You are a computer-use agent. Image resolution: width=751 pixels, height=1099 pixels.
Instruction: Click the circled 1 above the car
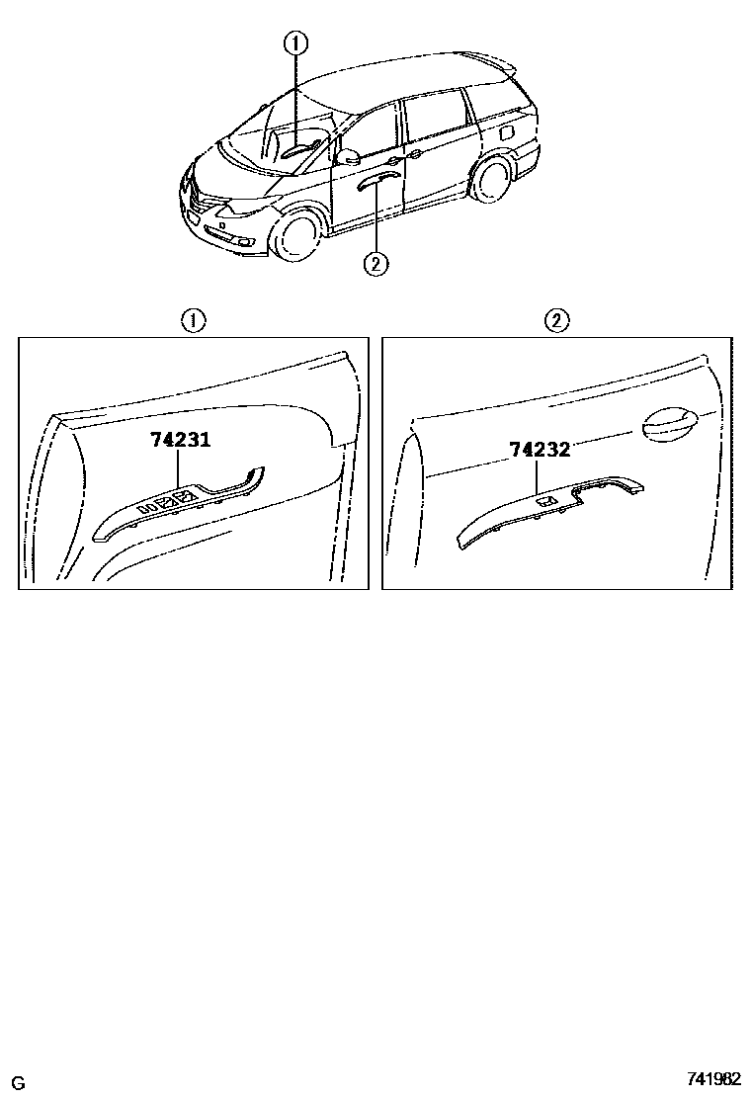(x=294, y=44)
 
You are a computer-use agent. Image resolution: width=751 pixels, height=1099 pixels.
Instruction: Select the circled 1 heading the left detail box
(x=194, y=322)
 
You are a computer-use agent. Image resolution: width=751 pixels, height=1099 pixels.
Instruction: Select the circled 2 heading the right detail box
(x=557, y=322)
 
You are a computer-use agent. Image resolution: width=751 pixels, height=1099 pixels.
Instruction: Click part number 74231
(x=180, y=440)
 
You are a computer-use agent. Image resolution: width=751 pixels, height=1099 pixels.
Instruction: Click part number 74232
(x=540, y=450)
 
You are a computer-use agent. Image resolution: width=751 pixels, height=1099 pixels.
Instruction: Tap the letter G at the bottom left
(x=19, y=1083)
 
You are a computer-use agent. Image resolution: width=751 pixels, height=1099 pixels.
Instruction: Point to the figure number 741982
(x=712, y=1080)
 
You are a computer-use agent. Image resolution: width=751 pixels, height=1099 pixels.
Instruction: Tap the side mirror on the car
(x=348, y=156)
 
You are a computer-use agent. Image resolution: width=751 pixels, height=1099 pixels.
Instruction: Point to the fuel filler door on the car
(x=506, y=132)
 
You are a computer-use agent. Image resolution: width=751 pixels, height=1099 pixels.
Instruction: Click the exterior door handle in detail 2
(x=670, y=425)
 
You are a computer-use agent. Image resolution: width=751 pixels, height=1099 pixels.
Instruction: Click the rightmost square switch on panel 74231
(x=186, y=498)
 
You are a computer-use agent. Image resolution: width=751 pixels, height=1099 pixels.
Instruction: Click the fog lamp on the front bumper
(x=247, y=243)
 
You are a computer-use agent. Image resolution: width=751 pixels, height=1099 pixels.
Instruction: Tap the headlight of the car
(x=243, y=207)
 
